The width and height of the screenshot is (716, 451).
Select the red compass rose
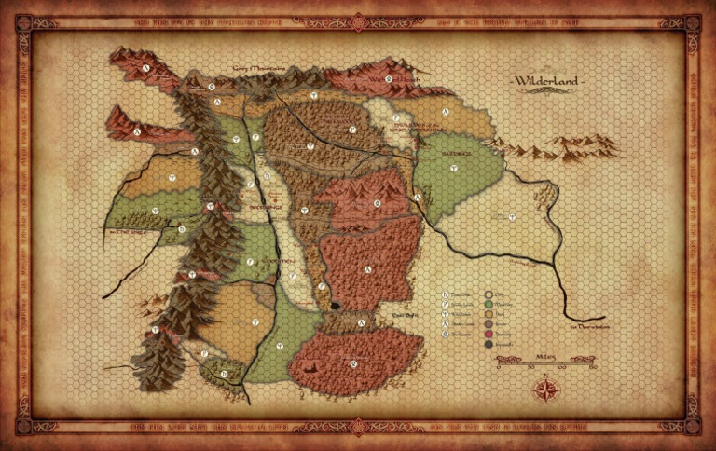click(545, 388)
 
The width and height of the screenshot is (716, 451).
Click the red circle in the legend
click(488, 334)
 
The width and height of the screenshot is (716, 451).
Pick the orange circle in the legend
click(488, 313)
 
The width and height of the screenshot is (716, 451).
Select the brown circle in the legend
click(488, 323)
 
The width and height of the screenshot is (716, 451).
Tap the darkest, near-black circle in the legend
click(488, 344)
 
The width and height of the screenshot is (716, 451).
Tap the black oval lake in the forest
click(334, 305)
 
